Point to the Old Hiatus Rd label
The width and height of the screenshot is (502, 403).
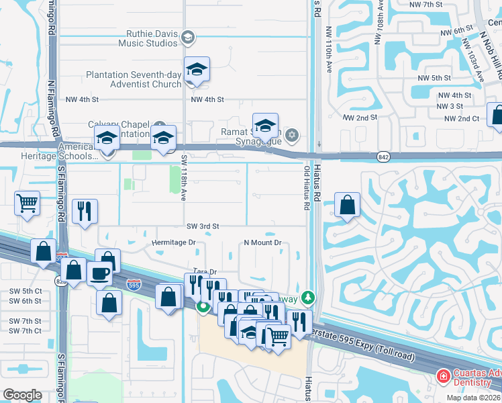tap(307, 189)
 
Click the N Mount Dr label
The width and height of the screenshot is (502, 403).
tap(262, 242)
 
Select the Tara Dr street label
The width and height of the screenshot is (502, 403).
tap(206, 272)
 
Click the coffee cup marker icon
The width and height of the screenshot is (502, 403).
tap(100, 273)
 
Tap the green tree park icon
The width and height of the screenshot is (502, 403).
tap(308, 296)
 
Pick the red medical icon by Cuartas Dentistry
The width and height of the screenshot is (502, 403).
tap(443, 377)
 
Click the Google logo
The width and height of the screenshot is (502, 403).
tap(22, 395)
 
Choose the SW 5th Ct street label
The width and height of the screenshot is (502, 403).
tap(26, 291)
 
